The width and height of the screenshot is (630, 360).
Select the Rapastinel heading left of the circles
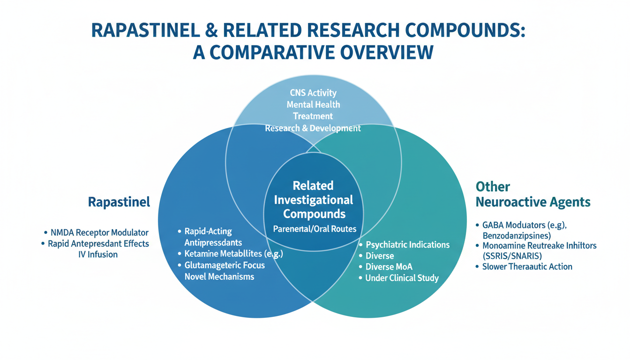[119, 202]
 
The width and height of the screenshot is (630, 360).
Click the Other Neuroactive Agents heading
[532, 195]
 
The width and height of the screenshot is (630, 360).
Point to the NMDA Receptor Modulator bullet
[98, 232]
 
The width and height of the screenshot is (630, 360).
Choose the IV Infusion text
[98, 255]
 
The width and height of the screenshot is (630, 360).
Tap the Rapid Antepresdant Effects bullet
[98, 244]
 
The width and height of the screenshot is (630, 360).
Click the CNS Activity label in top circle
[313, 93]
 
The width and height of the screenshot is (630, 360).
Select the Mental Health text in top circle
[313, 105]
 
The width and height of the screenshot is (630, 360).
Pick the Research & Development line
[313, 127]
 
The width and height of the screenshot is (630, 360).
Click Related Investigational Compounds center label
[313, 200]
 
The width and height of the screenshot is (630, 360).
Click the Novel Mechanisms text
[219, 277]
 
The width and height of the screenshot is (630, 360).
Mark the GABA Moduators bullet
[524, 225]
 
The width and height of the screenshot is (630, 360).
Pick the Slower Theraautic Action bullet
[527, 267]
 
